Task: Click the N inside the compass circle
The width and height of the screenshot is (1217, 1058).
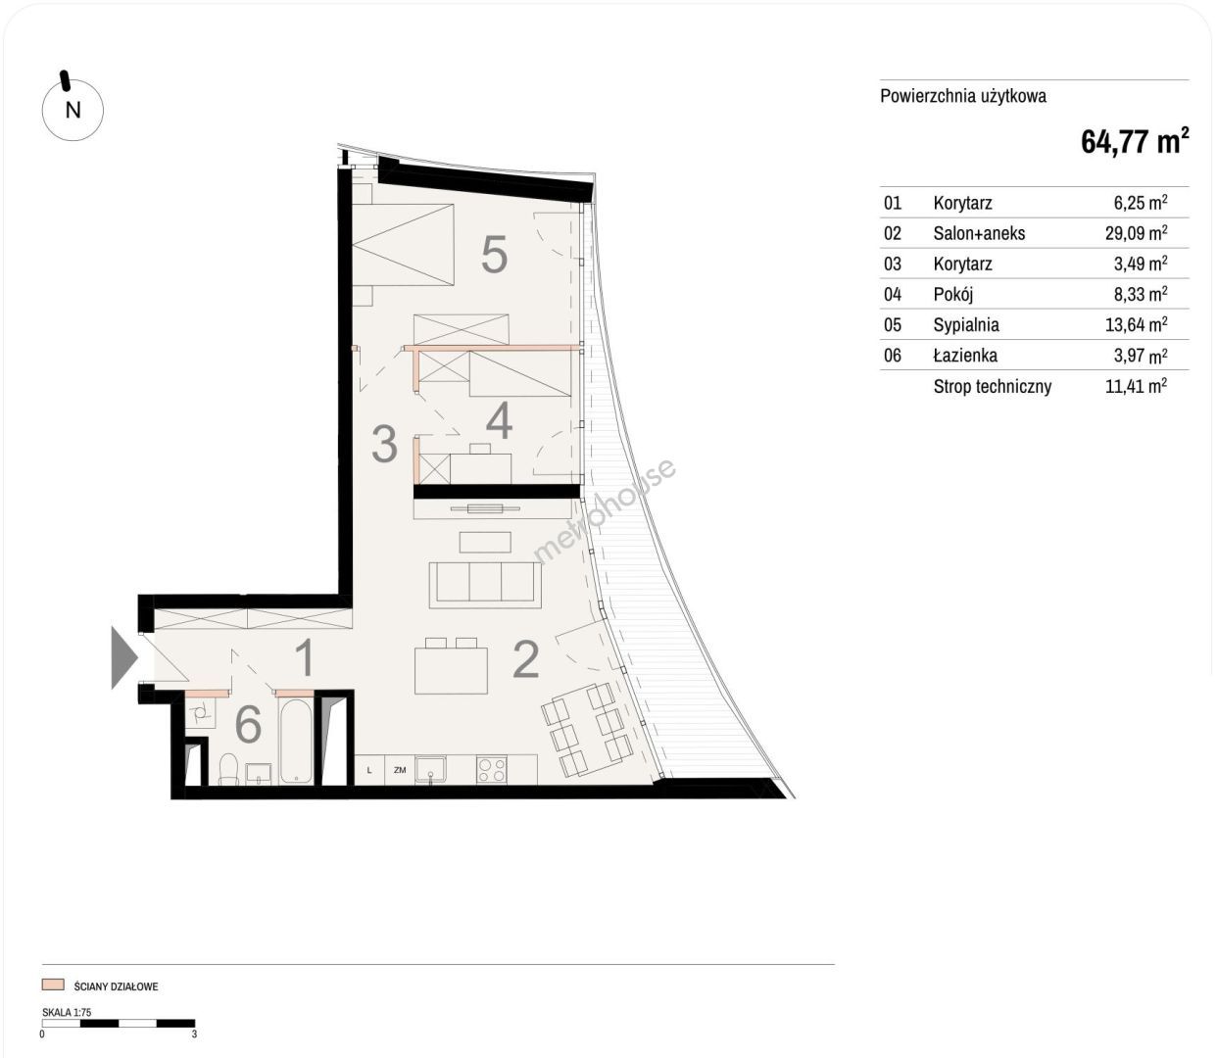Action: tap(73, 110)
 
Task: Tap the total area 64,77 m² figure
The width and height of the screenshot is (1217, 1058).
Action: tap(1135, 141)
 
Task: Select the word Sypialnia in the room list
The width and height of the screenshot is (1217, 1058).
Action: tap(966, 324)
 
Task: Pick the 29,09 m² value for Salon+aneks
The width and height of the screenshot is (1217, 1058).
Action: tap(1136, 232)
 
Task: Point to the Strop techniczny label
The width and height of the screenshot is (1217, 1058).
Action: tap(993, 387)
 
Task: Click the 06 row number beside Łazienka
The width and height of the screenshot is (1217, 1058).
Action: tap(893, 356)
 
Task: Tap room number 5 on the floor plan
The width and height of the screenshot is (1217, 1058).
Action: tap(494, 255)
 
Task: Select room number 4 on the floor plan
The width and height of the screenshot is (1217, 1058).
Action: tap(499, 420)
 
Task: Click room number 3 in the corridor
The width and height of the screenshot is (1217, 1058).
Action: tap(384, 443)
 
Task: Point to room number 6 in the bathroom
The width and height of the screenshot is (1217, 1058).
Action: tap(248, 724)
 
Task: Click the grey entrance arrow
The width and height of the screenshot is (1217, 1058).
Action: tap(124, 657)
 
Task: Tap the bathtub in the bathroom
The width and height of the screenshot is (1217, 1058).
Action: tap(296, 741)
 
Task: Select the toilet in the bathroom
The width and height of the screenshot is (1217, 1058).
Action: tap(229, 769)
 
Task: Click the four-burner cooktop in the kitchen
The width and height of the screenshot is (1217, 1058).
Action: tap(491, 770)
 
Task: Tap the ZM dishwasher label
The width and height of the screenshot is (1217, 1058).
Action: tap(400, 770)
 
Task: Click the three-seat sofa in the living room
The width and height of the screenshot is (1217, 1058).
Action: tap(485, 585)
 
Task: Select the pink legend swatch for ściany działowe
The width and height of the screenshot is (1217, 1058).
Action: tap(53, 985)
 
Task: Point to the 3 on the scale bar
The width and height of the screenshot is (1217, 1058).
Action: tap(195, 1034)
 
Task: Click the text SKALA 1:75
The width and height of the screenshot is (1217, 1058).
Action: tap(67, 1012)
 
